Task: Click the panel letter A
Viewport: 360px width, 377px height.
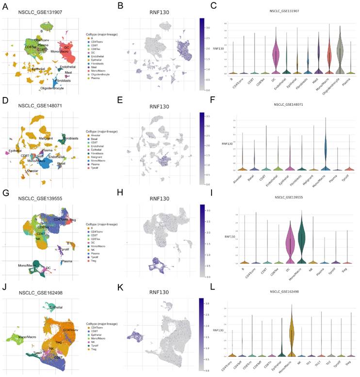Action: [5, 6]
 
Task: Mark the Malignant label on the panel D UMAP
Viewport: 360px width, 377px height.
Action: [46, 139]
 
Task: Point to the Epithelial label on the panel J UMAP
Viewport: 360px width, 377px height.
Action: [54, 307]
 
